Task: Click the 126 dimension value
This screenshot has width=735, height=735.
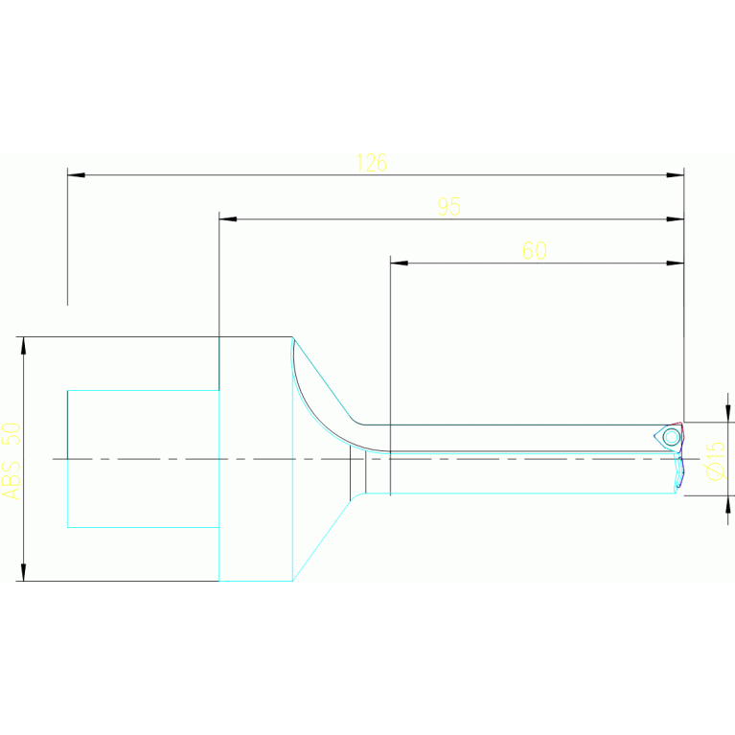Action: coord(371,163)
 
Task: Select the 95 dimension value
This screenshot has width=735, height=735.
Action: coord(448,207)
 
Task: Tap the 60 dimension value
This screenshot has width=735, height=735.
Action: coord(534,251)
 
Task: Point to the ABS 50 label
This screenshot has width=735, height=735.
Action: coord(11,447)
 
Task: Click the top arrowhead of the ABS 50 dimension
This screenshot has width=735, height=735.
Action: coord(24,345)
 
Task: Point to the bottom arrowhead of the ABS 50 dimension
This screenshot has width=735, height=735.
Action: coord(24,572)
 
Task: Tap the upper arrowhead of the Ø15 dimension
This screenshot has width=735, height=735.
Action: coord(727,414)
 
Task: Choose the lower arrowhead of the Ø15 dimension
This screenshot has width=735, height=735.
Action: coord(727,503)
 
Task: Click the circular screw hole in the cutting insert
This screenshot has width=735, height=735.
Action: coord(671,437)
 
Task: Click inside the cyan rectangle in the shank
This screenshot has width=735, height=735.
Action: coord(143,458)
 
